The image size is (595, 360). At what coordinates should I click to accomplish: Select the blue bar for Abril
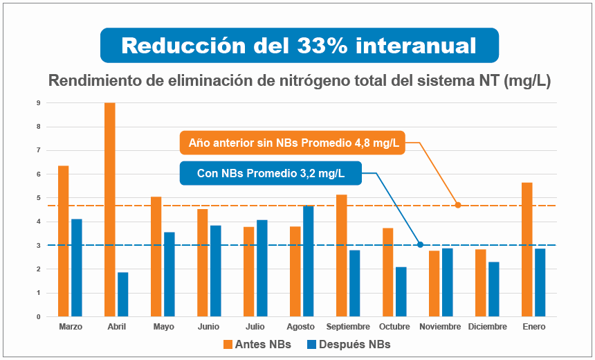[122, 294]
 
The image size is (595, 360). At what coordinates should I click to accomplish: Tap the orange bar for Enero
[527, 249]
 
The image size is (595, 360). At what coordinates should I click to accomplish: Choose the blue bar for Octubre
[401, 291]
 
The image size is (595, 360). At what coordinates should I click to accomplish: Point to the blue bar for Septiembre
[354, 283]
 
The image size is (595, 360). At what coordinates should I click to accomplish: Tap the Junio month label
[208, 327]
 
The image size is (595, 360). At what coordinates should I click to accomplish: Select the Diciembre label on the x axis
[487, 327]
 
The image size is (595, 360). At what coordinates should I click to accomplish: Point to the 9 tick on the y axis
[39, 103]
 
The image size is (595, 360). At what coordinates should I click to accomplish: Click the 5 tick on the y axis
[39, 198]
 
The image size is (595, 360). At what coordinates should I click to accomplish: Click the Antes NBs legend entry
[257, 344]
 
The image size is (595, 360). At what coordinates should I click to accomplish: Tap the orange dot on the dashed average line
[457, 205]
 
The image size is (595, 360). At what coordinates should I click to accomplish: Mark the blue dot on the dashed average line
[420, 244]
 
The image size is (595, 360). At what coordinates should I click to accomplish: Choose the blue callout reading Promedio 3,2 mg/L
[271, 173]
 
